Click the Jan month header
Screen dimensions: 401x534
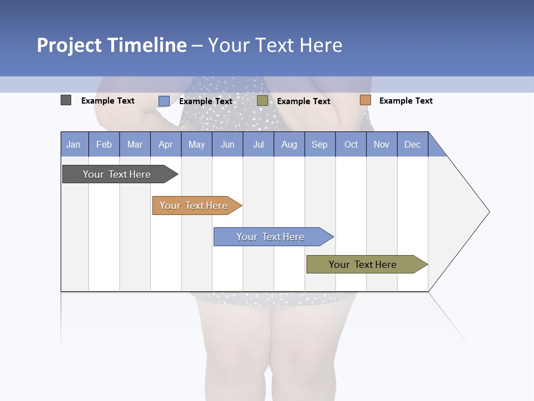click(74, 144)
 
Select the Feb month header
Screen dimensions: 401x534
click(104, 144)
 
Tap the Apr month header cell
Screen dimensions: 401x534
click(166, 144)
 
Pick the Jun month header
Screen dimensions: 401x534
click(228, 144)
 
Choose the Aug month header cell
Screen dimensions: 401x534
click(289, 144)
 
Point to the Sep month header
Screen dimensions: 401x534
click(320, 144)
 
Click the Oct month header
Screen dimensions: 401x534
click(351, 144)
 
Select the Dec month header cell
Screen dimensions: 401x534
click(413, 144)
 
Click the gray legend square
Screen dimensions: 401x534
click(66, 100)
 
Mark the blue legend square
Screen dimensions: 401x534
click(164, 101)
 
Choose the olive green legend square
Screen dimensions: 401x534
click(263, 100)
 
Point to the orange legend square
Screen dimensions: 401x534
click(365, 100)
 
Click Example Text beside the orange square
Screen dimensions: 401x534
click(406, 101)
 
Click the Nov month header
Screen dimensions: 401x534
click(382, 144)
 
